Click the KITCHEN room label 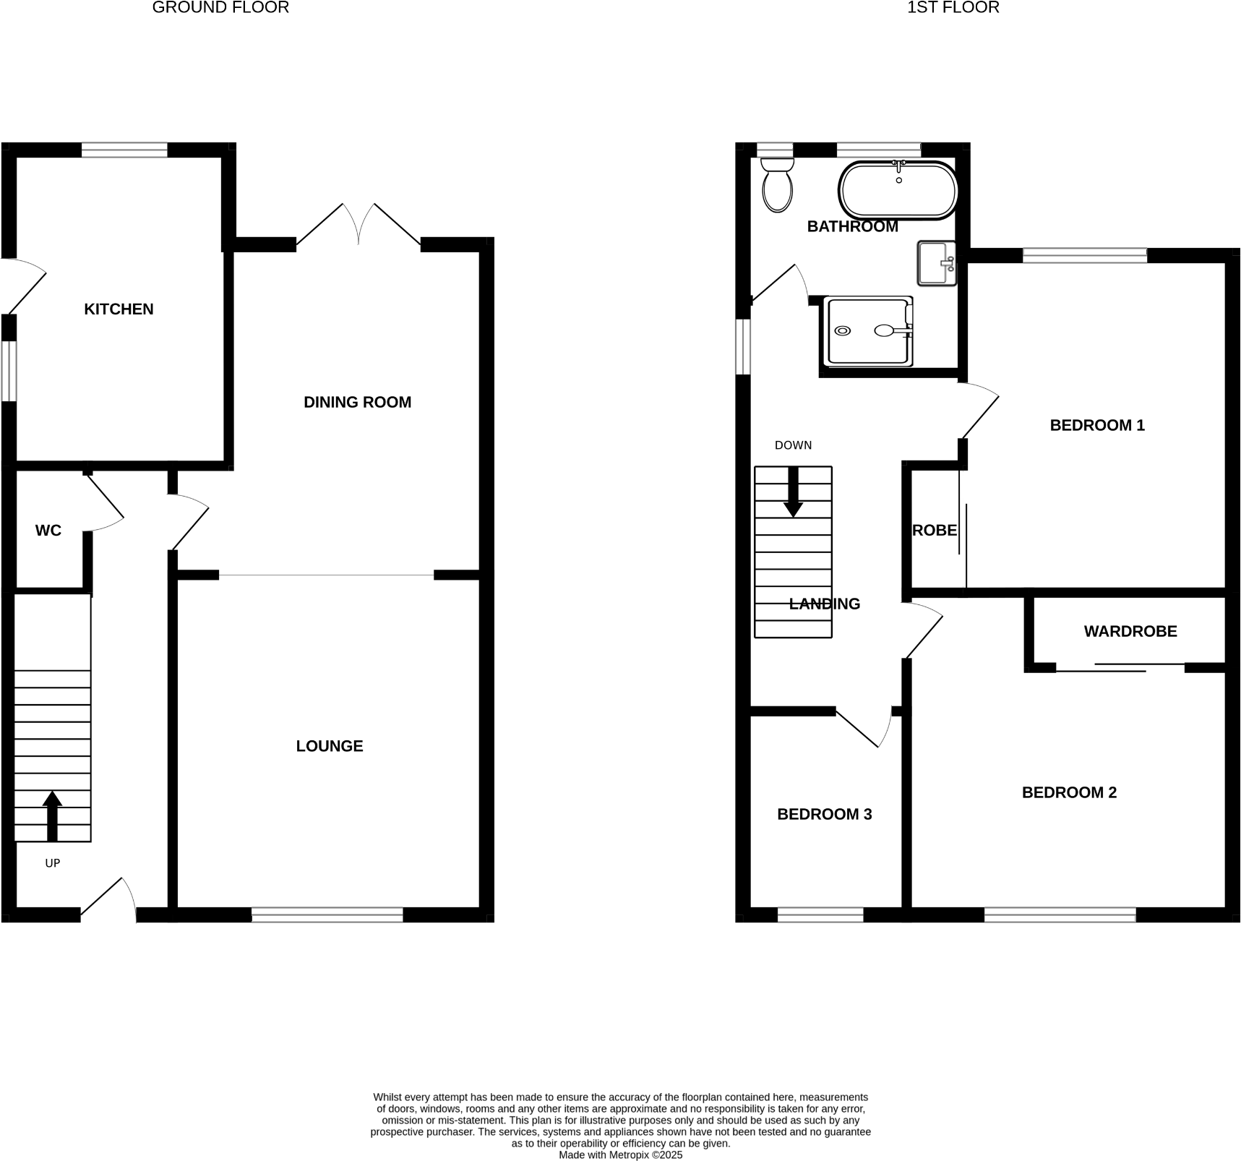coord(119,309)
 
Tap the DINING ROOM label coord(357,403)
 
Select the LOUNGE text coord(329,746)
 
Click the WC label coord(48,531)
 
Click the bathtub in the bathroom coord(898,191)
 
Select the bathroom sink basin coord(935,263)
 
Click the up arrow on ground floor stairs coord(52,815)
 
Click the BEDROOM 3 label coord(824,815)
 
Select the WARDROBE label coord(1130,632)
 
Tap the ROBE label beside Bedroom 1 coord(935,531)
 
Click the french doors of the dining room coord(358,224)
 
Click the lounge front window coord(327,914)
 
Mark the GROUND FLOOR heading coord(220,8)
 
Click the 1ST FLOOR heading coord(953,8)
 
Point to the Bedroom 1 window coord(1085,254)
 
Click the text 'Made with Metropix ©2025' coord(621,1155)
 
